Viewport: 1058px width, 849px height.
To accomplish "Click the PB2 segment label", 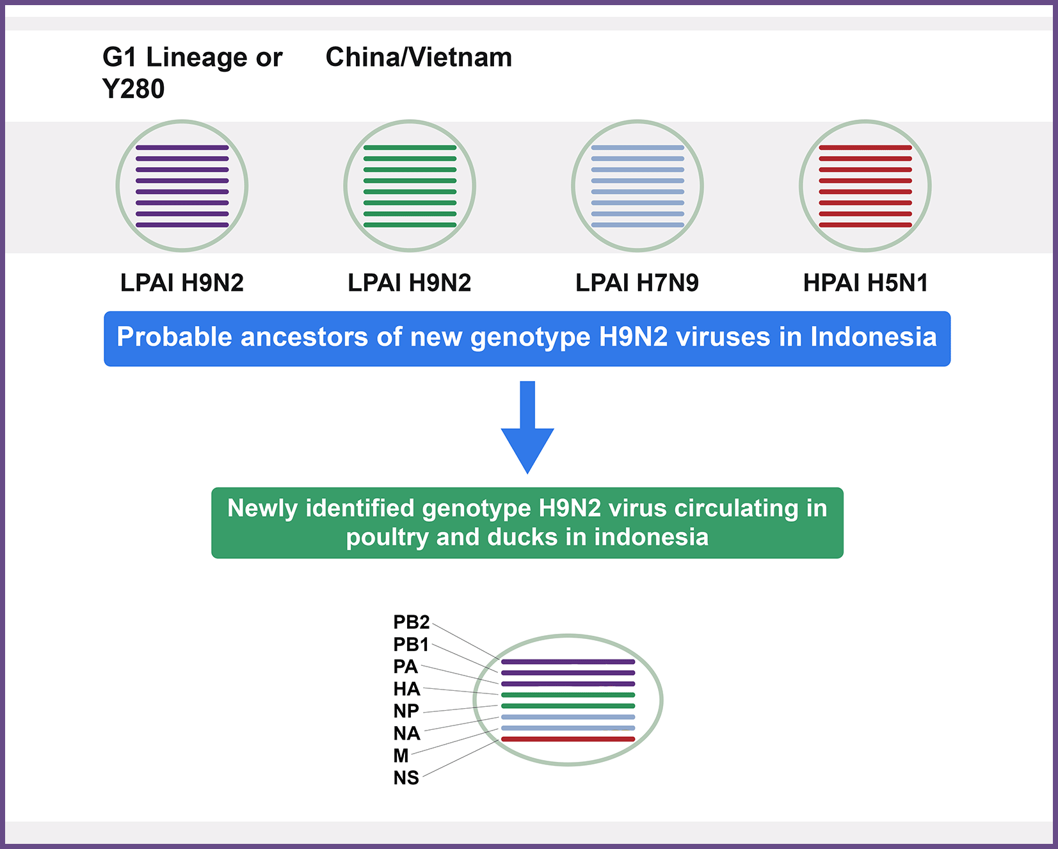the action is (x=411, y=622).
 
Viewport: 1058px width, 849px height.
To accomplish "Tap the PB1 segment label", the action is (x=411, y=644).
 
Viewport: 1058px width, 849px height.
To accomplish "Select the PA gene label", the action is (x=405, y=667).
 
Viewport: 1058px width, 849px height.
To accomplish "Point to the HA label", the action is (x=406, y=689).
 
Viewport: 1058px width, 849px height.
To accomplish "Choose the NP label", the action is (x=406, y=711).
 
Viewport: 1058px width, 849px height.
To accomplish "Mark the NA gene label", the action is (x=406, y=733).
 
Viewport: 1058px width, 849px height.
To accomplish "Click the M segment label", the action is (x=401, y=756).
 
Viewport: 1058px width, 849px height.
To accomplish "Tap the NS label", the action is (x=406, y=778).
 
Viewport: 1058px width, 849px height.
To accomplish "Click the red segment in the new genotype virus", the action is (x=568, y=740).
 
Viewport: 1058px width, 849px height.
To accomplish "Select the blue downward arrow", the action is (x=527, y=427).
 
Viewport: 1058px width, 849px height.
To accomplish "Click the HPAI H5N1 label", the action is (x=865, y=282).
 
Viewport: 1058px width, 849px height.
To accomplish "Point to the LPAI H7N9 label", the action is (x=637, y=282).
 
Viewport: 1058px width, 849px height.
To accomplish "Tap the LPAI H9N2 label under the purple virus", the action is (x=182, y=282).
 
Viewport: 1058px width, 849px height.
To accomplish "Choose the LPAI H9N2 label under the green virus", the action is (x=409, y=282).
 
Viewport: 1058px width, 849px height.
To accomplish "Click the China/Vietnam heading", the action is (x=419, y=57).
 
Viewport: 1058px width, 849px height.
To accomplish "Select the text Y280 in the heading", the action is (x=133, y=89).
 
